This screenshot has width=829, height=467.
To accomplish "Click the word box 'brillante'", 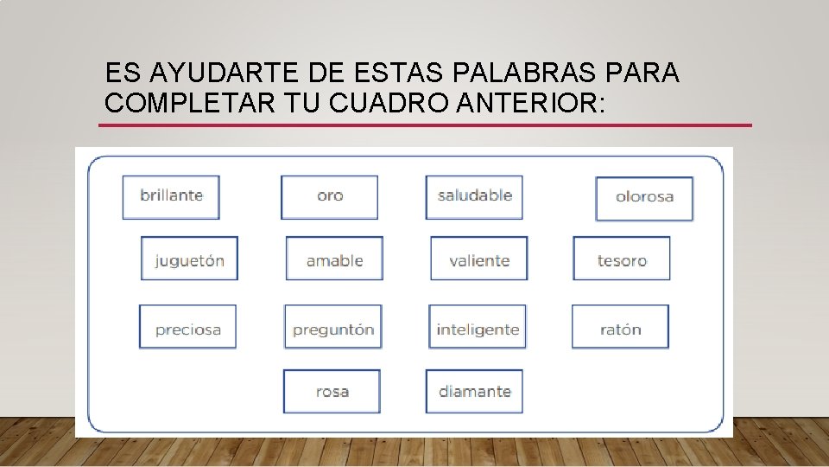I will (171, 196).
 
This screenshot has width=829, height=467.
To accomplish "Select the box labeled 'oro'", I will (330, 196).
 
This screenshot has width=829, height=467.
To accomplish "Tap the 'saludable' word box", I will (474, 196).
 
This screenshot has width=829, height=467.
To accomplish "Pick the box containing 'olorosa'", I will (644, 198).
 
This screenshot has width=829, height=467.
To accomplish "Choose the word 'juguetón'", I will (189, 259).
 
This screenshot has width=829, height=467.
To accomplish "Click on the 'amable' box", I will (334, 259).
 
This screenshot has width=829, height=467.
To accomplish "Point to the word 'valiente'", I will (479, 259).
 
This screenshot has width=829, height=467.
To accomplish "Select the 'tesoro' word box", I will (622, 259).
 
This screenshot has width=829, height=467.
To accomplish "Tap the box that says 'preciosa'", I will (187, 327).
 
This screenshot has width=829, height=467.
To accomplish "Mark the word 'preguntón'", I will (333, 327).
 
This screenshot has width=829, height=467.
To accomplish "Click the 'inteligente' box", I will (478, 327).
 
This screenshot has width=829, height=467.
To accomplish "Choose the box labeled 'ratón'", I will (620, 327).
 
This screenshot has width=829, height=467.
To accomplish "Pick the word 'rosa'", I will (332, 391).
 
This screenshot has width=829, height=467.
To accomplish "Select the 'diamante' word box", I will (474, 391).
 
